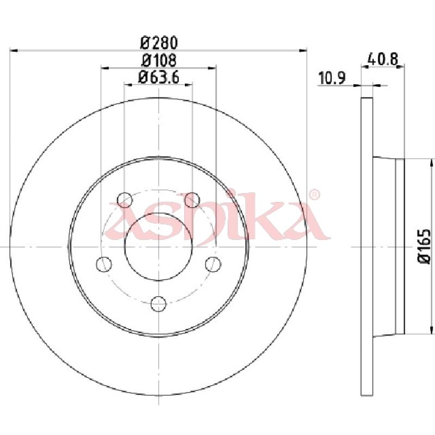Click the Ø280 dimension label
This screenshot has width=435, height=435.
[x=159, y=43]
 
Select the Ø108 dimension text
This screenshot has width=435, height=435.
[x=159, y=60]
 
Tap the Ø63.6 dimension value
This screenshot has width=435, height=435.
[x=158, y=77]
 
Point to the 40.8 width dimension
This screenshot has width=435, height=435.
[x=383, y=59]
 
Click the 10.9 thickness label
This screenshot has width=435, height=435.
[x=332, y=78]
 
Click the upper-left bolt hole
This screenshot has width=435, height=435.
[x=125, y=200]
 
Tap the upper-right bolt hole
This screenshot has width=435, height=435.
[x=192, y=200]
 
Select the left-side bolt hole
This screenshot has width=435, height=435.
[x=104, y=264]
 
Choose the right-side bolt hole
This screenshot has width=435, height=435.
[x=213, y=264]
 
